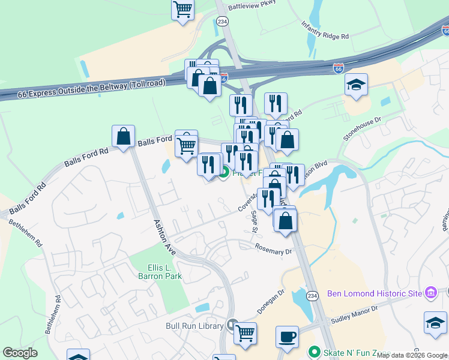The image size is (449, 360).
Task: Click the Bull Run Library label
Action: [194, 326]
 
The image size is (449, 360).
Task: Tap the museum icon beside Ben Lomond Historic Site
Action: [430, 293]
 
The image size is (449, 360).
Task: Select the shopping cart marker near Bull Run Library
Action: [245, 332]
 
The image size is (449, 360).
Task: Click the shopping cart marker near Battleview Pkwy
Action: [182, 9]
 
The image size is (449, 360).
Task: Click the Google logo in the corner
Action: [20, 352]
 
